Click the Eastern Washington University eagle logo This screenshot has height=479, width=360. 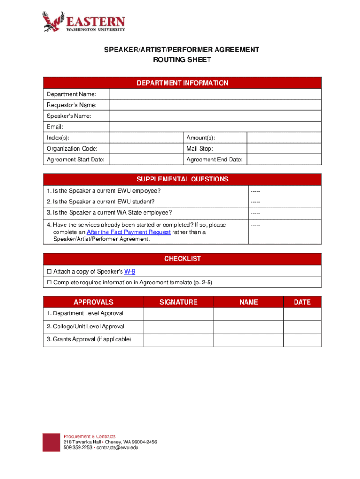(x=53, y=22)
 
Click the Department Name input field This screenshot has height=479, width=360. (x=215, y=94)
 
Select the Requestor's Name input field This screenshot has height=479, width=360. (x=215, y=105)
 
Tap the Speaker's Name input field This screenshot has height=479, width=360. (x=215, y=116)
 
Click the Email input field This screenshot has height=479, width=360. (x=215, y=127)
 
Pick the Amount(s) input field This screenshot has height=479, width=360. (x=284, y=138)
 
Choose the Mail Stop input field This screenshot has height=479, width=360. (x=284, y=149)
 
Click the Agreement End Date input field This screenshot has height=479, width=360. (x=284, y=160)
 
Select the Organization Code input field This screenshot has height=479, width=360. (x=146, y=149)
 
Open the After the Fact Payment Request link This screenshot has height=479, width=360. (x=129, y=232)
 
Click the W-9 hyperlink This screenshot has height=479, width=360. (x=130, y=271)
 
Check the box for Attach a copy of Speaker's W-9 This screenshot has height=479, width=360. (x=49, y=271)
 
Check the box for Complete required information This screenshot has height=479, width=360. (x=49, y=283)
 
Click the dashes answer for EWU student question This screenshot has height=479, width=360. (x=255, y=202)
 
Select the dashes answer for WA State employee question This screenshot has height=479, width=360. (x=255, y=213)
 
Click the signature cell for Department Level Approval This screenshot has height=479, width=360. (x=178, y=313)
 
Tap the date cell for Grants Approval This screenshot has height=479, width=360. (x=302, y=340)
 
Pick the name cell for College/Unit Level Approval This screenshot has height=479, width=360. (x=248, y=327)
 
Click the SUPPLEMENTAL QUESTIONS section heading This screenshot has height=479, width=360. (x=182, y=179)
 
